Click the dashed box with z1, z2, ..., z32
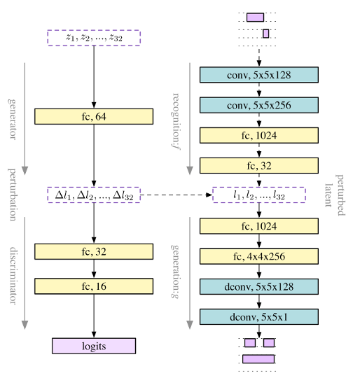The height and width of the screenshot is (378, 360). coord(93,38)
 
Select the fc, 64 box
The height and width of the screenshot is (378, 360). coord(93,115)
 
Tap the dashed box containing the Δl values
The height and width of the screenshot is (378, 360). coord(93,195)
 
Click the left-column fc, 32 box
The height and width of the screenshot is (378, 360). coord(93,252)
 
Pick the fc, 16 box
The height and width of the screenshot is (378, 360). coord(93,286)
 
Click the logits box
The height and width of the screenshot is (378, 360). coord(93,345)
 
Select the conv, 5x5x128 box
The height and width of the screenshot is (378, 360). coord(259,75)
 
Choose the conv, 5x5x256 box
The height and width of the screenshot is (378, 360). coord(259,105)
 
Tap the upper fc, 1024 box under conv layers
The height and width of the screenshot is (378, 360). coord(259,135)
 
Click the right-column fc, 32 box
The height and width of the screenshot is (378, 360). coord(259,165)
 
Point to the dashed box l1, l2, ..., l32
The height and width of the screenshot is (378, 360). coord(259,195)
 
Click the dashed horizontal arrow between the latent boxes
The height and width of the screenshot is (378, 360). coord(176,195)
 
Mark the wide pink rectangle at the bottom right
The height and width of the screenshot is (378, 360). coord(258,359)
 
